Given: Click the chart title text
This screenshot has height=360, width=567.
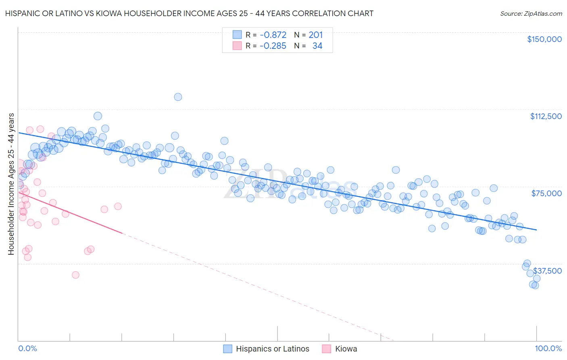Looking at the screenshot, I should click(189, 13).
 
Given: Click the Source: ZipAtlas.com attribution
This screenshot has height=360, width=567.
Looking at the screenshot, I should click(531, 13).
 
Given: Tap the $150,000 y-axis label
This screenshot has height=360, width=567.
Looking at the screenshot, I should click(544, 39).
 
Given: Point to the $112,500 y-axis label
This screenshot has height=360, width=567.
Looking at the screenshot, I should click(546, 116).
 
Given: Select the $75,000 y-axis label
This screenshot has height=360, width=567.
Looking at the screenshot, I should click(546, 193).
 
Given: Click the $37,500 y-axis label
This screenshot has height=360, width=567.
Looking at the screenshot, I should click(547, 271).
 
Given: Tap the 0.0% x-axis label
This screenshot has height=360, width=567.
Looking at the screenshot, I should click(27, 348).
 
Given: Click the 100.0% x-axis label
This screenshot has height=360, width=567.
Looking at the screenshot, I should click(548, 348).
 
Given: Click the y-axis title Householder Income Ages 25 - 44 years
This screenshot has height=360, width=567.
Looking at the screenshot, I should click(11, 184).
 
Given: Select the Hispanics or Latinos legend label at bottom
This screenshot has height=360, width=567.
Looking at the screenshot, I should click(272, 349).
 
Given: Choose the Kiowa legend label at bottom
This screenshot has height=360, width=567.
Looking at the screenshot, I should click(346, 349).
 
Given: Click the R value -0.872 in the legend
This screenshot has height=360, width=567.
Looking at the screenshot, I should click(273, 35).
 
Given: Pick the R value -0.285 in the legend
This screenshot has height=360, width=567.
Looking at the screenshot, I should click(273, 46).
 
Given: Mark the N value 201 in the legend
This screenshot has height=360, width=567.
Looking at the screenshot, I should click(316, 35).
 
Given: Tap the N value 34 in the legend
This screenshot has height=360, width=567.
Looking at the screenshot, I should click(317, 46).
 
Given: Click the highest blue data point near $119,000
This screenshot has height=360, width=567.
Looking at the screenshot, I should click(178, 97).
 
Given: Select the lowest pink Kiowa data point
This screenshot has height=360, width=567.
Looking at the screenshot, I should click(75, 275).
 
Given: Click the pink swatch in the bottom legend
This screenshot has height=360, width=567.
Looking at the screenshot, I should click(327, 349).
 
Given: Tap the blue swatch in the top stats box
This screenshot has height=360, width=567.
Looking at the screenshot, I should click(237, 35).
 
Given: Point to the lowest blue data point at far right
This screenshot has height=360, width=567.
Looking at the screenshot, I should click(535, 285).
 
